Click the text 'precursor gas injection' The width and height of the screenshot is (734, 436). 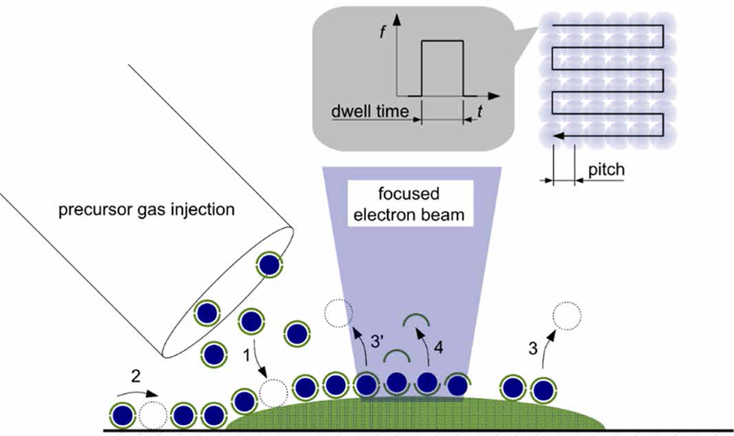pos(146,210)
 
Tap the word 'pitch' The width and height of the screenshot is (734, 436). pos(606,170)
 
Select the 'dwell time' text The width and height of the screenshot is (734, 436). pos(369,112)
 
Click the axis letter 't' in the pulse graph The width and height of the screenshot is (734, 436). pos(479,112)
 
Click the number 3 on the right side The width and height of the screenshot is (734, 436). pos(533,348)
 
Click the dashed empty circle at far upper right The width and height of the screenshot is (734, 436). pos(567,316)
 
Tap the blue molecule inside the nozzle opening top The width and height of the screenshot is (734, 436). pos(268,265)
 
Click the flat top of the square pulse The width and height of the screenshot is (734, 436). pos(442,41)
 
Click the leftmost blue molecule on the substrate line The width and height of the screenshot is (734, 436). pos(122,415)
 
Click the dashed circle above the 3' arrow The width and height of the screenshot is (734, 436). pos(338,313)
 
